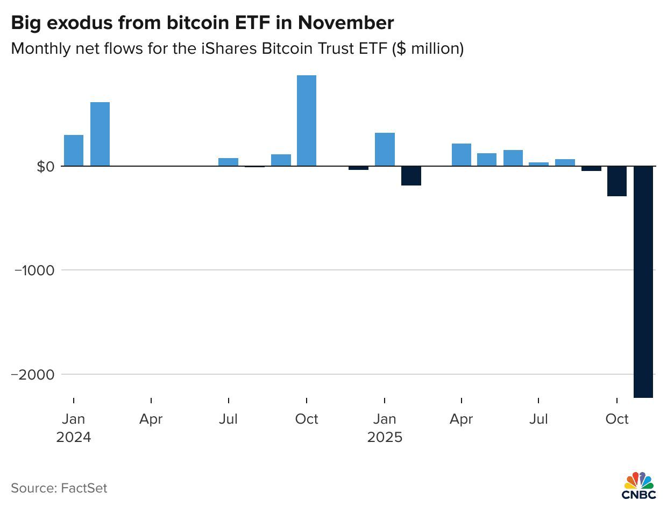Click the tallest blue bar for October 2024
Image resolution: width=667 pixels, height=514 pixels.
pyautogui.click(x=307, y=120)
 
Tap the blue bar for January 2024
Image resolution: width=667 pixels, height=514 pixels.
pyautogui.click(x=74, y=150)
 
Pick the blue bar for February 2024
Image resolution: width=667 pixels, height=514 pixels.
pyautogui.click(x=100, y=134)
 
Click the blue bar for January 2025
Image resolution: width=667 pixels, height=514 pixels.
pyautogui.click(x=385, y=149)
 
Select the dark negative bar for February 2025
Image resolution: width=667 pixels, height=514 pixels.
pyautogui.click(x=411, y=176)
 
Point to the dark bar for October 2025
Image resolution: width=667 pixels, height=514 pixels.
pyautogui.click(x=617, y=181)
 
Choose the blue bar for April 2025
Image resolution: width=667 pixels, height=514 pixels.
pyautogui.click(x=462, y=155)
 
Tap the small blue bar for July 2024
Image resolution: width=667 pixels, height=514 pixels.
pyautogui.click(x=229, y=162)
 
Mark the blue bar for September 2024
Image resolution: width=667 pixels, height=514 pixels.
pyautogui.click(x=281, y=160)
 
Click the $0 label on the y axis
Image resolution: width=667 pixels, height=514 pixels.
pyautogui.click(x=46, y=167)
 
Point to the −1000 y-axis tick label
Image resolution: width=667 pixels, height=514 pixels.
pyautogui.click(x=34, y=270)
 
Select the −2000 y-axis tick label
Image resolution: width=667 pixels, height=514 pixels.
pyautogui.click(x=33, y=375)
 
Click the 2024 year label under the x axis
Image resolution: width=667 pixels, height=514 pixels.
pyautogui.click(x=74, y=437)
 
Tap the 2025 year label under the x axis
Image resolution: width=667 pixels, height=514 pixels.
pyautogui.click(x=385, y=437)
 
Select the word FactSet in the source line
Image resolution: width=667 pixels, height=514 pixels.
pyautogui.click(x=84, y=488)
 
